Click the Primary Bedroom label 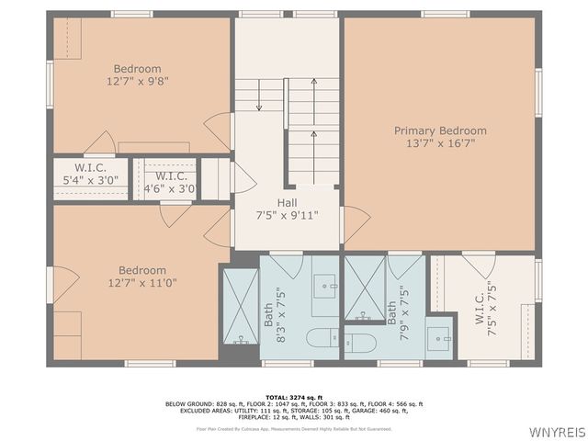(x=440, y=130)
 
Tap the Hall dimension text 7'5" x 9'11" (x=288, y=216)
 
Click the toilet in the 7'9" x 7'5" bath (x=359, y=343)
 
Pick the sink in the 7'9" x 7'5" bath (x=439, y=334)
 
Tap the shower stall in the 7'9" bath (x=364, y=288)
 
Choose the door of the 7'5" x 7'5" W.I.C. (x=478, y=266)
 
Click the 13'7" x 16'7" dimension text (x=440, y=143)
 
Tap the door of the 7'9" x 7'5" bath (x=404, y=266)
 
